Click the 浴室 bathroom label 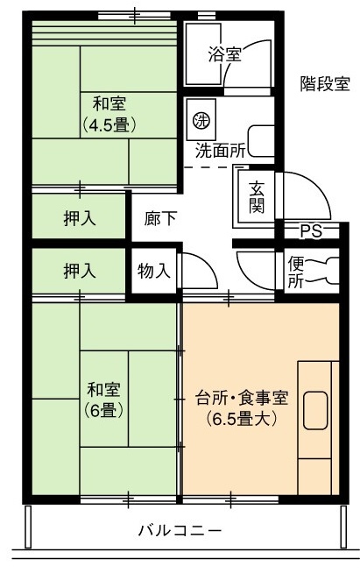pos(225,55)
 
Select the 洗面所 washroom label pos(220,151)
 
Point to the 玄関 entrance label pos(257,197)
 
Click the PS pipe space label pos(311,231)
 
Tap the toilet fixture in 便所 pos(325,271)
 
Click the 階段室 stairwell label pos(325,84)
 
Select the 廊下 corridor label pos(160,218)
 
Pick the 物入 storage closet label pos(154,271)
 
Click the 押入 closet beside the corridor pos(80,218)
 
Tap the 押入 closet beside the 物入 pos(80,271)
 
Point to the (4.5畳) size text pos(109,125)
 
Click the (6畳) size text pos(104,411)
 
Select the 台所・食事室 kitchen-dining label pos(242,399)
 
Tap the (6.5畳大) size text pos(242,419)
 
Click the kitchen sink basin pos(315,410)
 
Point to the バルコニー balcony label pos(180,529)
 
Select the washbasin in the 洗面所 pos(261,141)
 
